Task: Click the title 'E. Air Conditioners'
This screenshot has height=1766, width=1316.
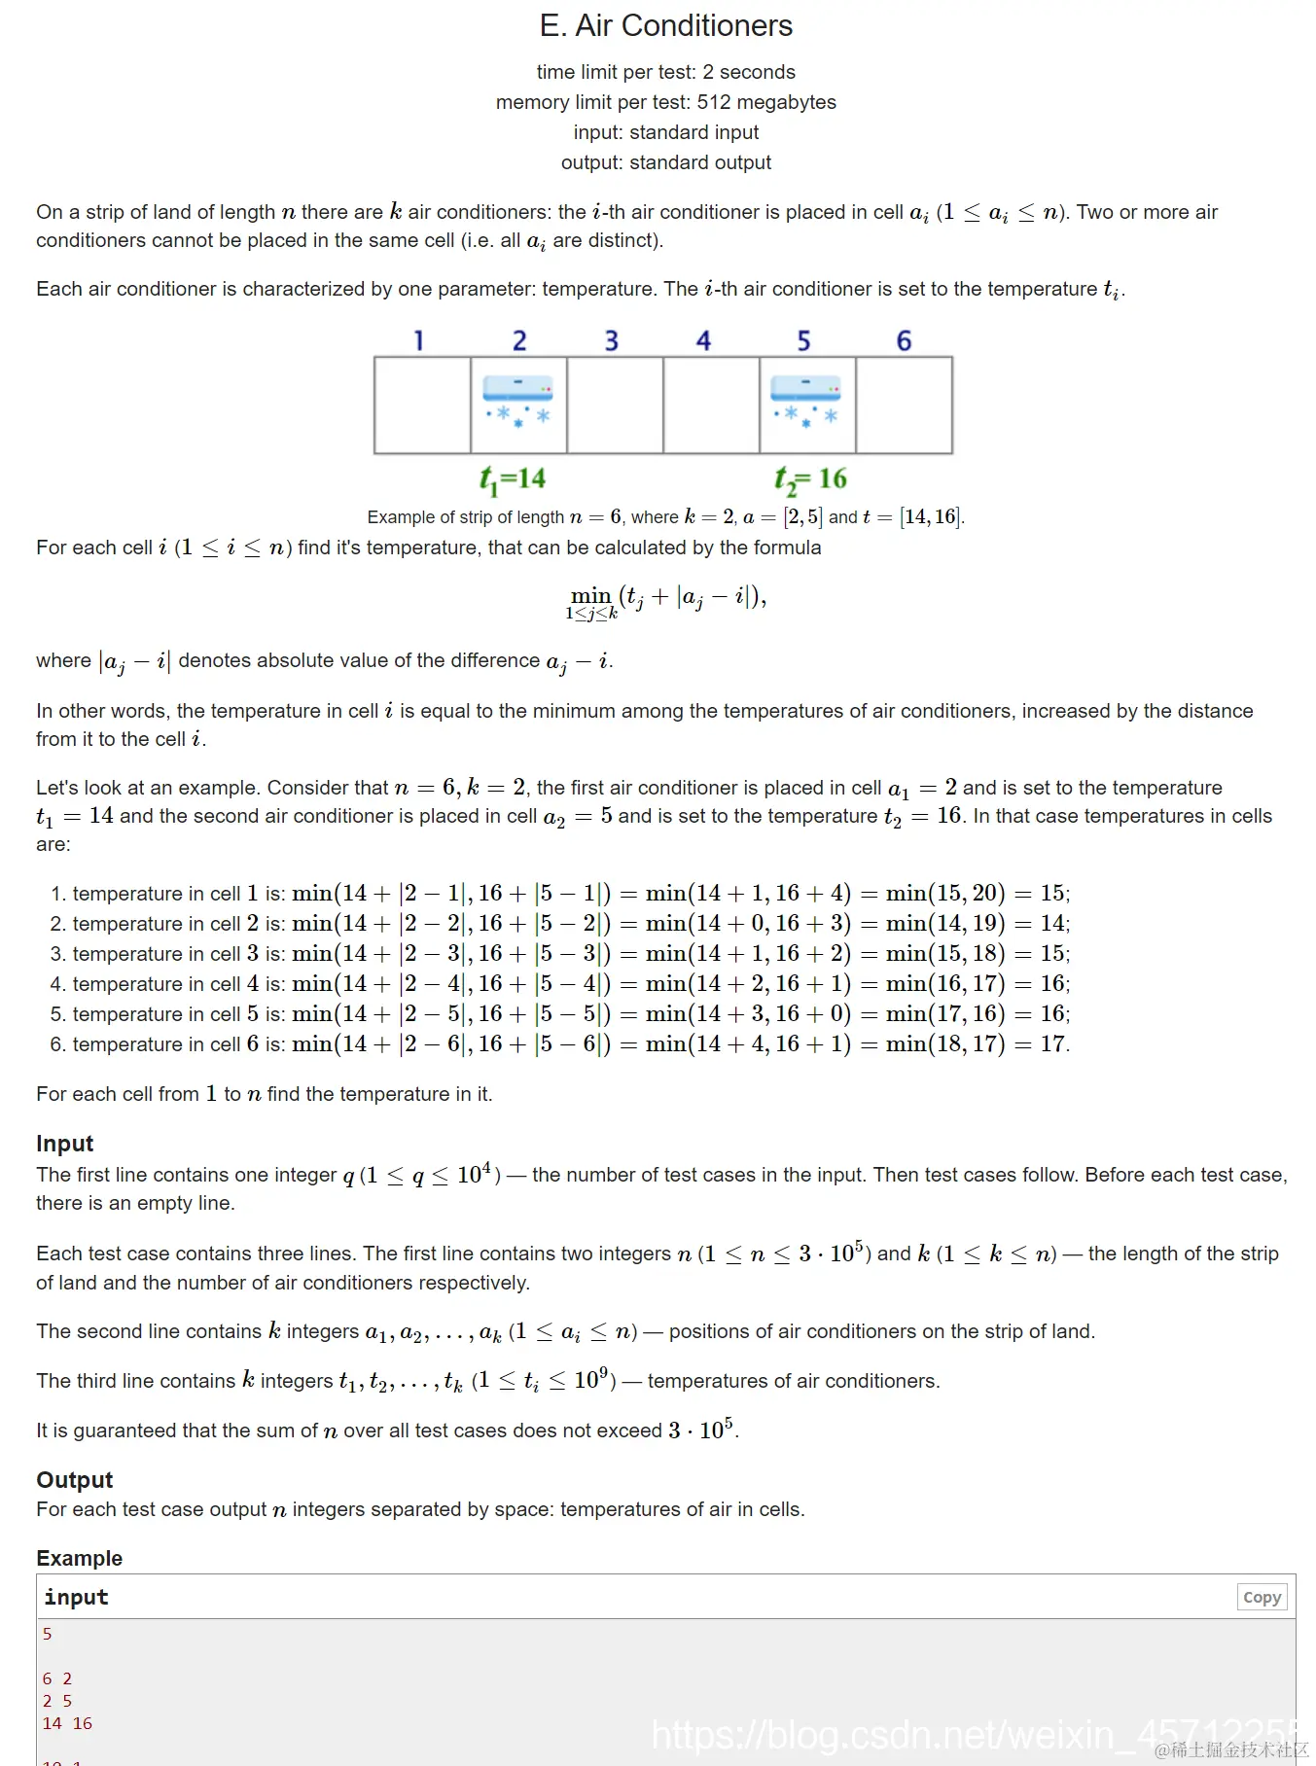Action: (x=666, y=26)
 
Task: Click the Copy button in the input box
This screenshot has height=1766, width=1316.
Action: (x=1262, y=1597)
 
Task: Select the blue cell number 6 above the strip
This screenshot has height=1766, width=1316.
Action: (x=904, y=340)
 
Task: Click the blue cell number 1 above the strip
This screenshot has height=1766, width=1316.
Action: (x=418, y=340)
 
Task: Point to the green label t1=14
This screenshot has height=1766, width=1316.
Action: (x=513, y=478)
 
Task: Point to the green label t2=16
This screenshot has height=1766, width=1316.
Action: (x=810, y=478)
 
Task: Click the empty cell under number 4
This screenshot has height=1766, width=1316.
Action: (x=711, y=405)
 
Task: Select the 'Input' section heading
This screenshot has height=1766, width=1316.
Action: (x=65, y=1143)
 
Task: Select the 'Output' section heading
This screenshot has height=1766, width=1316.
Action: (x=75, y=1479)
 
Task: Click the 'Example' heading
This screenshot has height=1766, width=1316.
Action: (x=80, y=1558)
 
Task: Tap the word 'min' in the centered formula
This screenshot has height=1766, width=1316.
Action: (x=590, y=595)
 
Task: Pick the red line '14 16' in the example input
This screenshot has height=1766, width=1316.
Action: (x=67, y=1723)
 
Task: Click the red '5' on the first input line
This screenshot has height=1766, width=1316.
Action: (x=47, y=1634)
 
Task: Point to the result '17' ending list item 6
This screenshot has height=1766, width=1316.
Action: (x=1052, y=1043)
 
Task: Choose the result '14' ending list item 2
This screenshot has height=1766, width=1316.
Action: (x=1052, y=923)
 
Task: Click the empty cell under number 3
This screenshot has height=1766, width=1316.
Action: (x=615, y=405)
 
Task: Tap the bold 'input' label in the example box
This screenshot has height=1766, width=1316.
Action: (x=76, y=1597)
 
